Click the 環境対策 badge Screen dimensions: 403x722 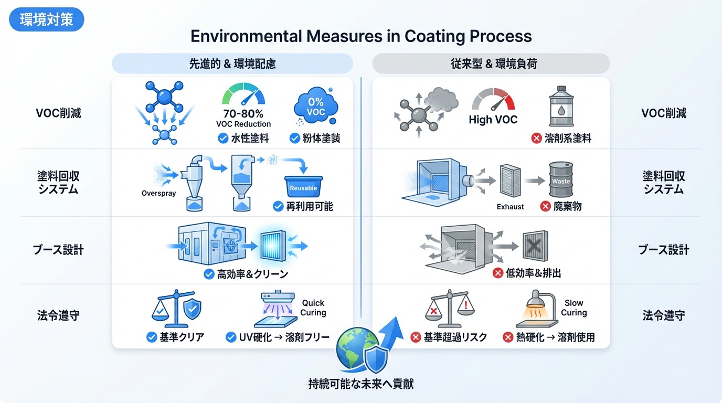pos(47,20)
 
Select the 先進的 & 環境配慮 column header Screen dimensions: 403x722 pos(232,64)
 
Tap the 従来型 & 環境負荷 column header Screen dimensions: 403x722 pos(491,64)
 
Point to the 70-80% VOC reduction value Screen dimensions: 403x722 pos(243,113)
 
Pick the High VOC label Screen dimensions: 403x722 pos(493,120)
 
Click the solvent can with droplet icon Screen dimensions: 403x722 pos(560,107)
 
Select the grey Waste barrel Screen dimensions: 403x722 pos(561,180)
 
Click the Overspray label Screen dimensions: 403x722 pos(159,193)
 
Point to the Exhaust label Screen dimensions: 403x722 pos(510,207)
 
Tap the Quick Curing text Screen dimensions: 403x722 pos(313,308)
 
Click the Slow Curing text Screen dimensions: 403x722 pos(574,308)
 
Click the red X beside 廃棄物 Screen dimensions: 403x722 pos(545,207)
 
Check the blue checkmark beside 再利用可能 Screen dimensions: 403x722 pos(278,207)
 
